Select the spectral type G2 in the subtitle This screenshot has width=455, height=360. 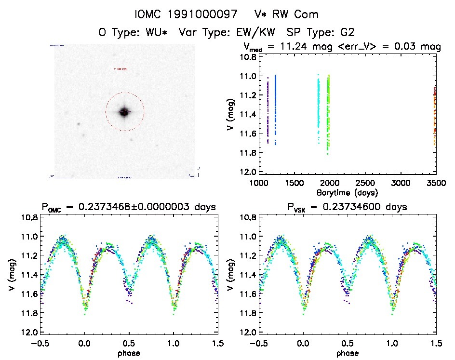click(x=346, y=33)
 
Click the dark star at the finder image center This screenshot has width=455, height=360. click(x=124, y=112)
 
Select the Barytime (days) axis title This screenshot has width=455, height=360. click(x=347, y=192)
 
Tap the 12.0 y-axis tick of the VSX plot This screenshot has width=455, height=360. click(x=249, y=333)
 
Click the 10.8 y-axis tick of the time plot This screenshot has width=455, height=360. click(x=249, y=57)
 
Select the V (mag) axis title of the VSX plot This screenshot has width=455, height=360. click(x=233, y=275)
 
